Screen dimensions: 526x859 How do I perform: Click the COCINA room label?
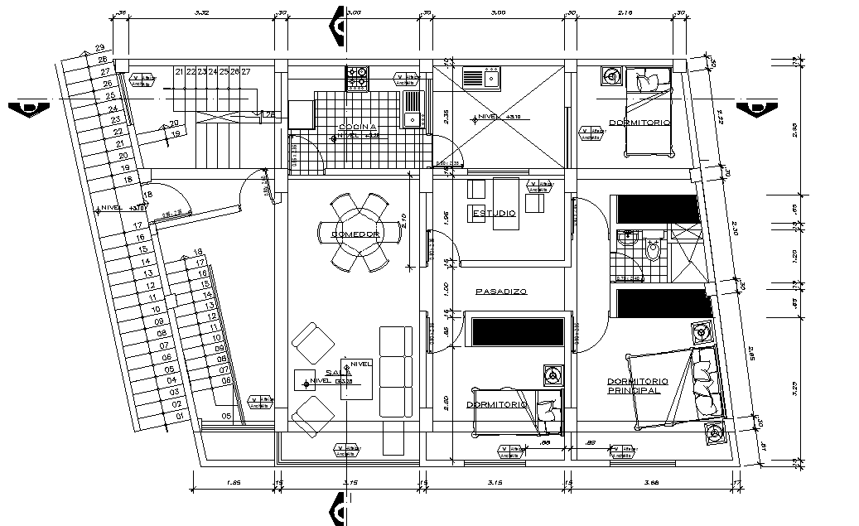click(357, 127)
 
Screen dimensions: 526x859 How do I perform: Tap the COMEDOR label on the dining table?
click(355, 234)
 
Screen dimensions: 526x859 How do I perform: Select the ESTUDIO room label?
click(494, 214)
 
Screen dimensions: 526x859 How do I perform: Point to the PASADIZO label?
click(501, 292)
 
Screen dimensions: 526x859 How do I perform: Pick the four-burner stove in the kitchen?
click(358, 78)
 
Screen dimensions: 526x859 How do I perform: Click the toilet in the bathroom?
click(654, 250)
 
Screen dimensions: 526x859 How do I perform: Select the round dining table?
click(361, 234)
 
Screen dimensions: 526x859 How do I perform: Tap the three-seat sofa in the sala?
click(395, 371)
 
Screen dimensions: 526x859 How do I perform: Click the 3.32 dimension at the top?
click(200, 12)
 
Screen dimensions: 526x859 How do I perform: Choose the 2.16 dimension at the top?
click(625, 12)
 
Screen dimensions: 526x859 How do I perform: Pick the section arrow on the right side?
click(756, 108)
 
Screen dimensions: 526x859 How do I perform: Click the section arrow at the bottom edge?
click(338, 507)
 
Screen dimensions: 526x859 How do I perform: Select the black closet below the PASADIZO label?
click(518, 331)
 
